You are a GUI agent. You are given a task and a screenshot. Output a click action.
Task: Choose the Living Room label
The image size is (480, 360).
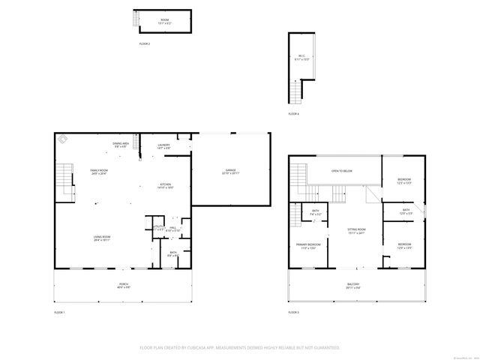[102, 238]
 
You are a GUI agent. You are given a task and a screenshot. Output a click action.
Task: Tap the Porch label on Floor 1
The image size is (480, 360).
[123, 285]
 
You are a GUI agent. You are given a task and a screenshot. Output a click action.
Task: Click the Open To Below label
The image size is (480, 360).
[342, 171]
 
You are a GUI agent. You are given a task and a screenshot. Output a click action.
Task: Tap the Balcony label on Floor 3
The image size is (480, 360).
[352, 285]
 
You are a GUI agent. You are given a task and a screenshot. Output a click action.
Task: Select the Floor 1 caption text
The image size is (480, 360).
[60, 312]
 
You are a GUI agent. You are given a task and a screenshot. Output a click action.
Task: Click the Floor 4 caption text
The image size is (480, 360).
[293, 114]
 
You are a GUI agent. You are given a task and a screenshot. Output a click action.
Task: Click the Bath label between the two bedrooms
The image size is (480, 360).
[406, 211]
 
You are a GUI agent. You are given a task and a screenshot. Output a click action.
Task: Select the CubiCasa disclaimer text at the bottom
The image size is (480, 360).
[240, 347]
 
